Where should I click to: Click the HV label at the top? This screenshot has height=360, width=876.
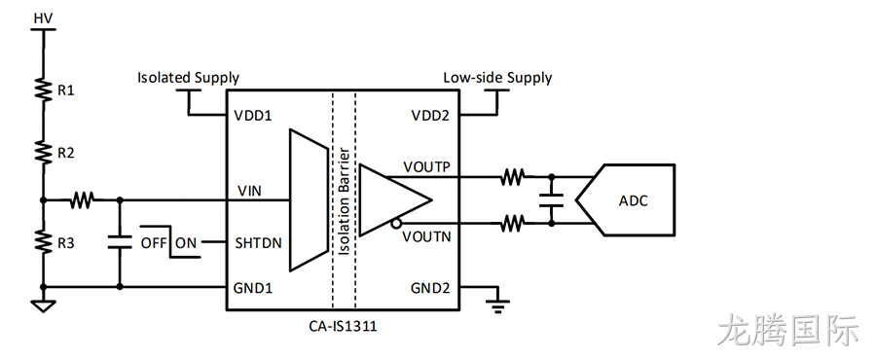[x=43, y=18]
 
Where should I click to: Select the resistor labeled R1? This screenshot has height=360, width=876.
[x=43, y=89]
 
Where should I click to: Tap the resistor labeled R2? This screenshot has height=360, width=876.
[x=43, y=151]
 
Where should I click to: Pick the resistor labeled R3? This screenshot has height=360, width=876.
[x=43, y=240]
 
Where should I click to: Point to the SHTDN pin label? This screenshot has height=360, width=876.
[x=258, y=243]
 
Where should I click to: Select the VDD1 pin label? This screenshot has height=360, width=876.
[x=252, y=116]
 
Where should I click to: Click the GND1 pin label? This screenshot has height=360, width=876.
[x=253, y=289]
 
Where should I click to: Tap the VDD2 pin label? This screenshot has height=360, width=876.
[x=430, y=116]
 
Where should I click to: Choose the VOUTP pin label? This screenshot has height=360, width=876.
[x=426, y=167]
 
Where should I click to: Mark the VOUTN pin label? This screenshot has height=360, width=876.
[x=426, y=237]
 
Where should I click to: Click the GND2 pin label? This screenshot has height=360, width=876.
[x=430, y=289]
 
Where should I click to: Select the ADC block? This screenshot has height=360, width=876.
[x=626, y=199]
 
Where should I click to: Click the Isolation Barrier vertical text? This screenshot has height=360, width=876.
[x=345, y=202]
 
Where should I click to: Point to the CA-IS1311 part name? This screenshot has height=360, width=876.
[x=343, y=325]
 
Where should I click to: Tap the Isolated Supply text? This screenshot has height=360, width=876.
[x=188, y=78]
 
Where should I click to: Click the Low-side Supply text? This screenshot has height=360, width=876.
[x=497, y=78]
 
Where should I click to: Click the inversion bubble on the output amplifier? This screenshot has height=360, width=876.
[x=395, y=224]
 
